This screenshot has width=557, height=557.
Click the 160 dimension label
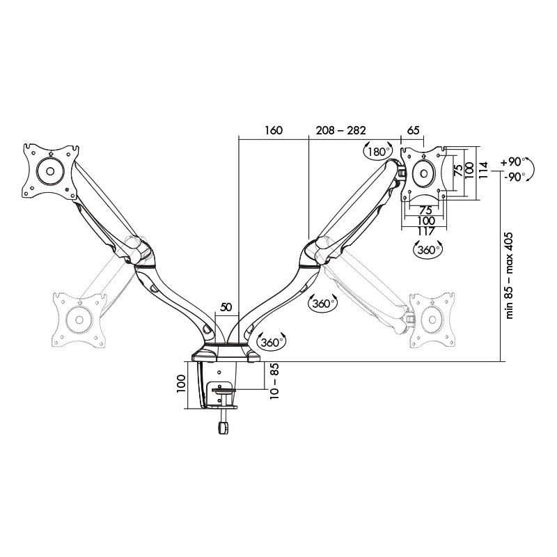tap(274, 130)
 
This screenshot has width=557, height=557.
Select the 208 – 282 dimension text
tap(340, 130)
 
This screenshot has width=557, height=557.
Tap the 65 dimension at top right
tap(413, 130)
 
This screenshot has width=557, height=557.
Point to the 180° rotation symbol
tap(377, 152)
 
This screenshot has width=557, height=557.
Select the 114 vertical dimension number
tap(483, 171)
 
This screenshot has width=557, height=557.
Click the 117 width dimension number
tap(426, 231)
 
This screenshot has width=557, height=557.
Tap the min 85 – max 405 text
tap(510, 276)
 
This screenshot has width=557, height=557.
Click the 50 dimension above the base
tap(226, 307)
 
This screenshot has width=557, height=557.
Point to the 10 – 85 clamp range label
tap(274, 381)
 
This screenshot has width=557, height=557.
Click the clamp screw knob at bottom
tap(223, 427)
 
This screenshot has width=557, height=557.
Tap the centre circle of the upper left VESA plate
tap(50, 171)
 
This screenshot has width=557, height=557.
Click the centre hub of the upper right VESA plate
tap(424, 173)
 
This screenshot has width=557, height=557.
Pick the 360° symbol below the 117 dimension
tap(427, 249)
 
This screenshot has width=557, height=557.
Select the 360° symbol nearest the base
tap(272, 342)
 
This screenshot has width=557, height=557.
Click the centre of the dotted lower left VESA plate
tap(79, 320)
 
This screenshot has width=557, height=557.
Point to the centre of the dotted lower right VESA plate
tap(432, 320)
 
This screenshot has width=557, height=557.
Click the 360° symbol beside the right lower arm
tap(322, 303)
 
